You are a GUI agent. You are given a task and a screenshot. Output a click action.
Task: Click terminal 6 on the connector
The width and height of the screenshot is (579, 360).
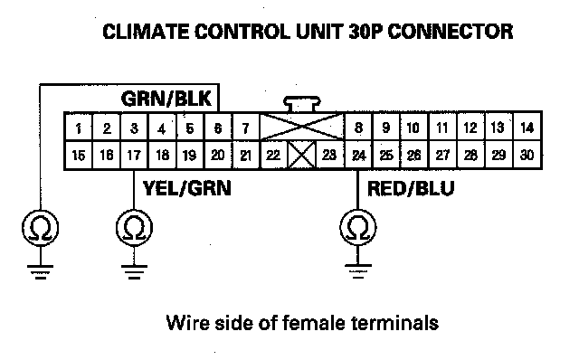tap(218, 128)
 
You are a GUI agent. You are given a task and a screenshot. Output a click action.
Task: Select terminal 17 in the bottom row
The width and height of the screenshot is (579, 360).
tap(134, 155)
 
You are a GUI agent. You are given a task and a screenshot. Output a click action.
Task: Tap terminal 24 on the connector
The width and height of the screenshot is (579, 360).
tap(358, 155)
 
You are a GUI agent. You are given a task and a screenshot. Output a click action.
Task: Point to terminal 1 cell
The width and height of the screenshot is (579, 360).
tap(79, 128)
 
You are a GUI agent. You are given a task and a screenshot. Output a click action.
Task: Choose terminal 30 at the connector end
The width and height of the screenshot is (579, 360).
tap(527, 155)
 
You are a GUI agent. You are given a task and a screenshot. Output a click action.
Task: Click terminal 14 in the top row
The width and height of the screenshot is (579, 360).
tap(527, 128)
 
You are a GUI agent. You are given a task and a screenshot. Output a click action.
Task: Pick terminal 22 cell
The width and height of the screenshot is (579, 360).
tap(273, 155)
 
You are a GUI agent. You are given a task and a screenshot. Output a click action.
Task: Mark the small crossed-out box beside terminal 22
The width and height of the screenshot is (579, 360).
tap(301, 155)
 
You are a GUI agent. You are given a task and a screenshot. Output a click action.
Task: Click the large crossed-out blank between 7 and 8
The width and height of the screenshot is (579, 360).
tap(302, 128)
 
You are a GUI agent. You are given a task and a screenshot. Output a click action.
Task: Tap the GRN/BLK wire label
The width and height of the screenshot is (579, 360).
tap(166, 99)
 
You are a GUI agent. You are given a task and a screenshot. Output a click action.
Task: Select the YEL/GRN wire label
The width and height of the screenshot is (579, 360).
tap(187, 188)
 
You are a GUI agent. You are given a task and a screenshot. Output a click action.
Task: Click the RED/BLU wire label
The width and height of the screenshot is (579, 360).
tap(411, 189)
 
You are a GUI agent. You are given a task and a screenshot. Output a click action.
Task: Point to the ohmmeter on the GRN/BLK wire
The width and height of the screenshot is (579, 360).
tap(40, 228)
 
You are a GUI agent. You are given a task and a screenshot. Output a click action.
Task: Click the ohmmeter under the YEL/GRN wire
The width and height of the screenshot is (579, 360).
tap(134, 228)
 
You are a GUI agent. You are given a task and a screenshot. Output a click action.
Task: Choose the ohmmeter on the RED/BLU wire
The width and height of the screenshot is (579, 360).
tap(358, 227)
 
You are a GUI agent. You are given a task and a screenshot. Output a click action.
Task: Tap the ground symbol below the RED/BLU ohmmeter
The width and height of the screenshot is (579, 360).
tap(358, 271)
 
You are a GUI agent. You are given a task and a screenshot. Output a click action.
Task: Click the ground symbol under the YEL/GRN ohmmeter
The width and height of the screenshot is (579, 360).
tap(134, 271)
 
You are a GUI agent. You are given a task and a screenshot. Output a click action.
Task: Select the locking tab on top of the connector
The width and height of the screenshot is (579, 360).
tap(302, 104)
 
